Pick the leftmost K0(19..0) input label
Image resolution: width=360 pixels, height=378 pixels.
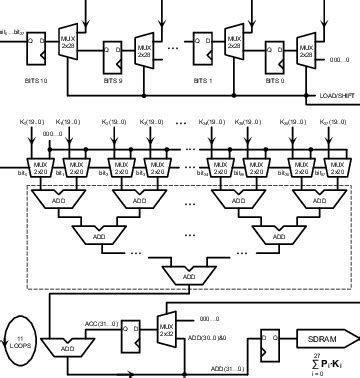29,122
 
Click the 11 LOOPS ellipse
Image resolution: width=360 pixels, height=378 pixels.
19,346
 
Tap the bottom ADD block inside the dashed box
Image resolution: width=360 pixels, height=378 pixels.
187,275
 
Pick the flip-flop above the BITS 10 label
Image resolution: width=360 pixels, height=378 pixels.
37,48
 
